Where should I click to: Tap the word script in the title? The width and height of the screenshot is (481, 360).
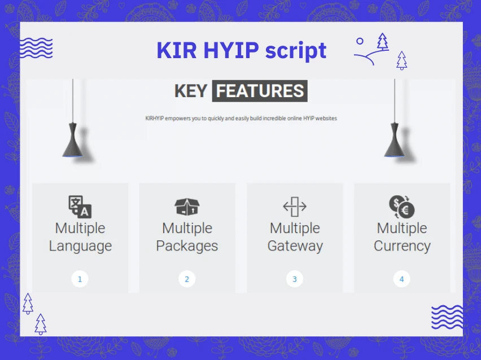pos(296,51)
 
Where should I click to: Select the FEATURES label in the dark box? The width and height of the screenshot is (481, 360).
pos(260,91)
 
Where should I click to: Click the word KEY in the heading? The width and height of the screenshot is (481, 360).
pos(191,91)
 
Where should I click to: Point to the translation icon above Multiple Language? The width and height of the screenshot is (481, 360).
pos(80,207)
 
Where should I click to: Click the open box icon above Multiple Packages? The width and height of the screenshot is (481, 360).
pos(187,207)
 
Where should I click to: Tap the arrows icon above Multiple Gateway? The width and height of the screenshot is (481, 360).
pos(295,207)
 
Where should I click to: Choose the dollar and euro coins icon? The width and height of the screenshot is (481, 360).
pos(401,207)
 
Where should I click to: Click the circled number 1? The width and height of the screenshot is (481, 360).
pos(80,279)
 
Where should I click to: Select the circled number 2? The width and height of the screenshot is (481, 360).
pos(187,279)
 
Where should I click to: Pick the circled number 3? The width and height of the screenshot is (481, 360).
pos(295,279)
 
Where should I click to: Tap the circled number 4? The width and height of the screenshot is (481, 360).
pos(401,279)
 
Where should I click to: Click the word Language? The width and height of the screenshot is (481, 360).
pos(80,247)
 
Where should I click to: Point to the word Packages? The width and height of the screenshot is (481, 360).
pos(187,247)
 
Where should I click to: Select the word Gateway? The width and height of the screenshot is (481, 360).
pos(295,247)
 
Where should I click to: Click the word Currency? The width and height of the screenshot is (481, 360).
pos(402,247)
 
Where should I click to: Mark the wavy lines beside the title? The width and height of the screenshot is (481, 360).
pos(36,48)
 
